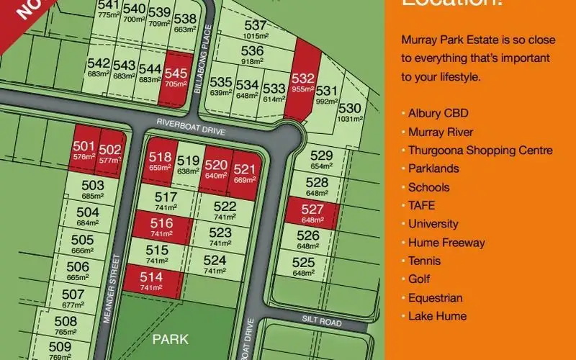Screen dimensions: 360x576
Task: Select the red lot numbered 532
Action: [303, 83]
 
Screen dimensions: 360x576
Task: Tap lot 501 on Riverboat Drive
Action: [84, 150]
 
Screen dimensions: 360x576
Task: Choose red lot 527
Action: [310, 213]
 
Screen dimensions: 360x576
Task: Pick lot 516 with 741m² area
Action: [161, 228]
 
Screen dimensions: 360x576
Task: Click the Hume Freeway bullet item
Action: [446, 243]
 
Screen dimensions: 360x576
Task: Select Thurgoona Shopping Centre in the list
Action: [480, 150]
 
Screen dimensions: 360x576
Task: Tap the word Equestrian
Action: [435, 297]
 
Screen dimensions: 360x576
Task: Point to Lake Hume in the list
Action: [437, 316]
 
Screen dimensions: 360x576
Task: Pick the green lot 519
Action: [188, 163]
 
